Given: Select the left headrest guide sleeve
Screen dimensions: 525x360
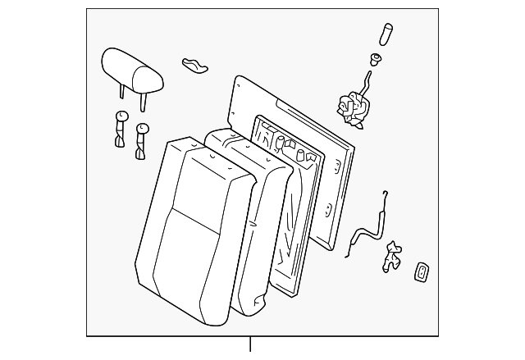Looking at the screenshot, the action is coord(120,128).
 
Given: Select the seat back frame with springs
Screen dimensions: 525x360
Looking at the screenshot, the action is coord(291,205).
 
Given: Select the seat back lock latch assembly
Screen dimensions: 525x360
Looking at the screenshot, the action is coord(351,108).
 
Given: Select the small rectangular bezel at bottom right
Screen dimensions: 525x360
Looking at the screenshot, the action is coord(421,271).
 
